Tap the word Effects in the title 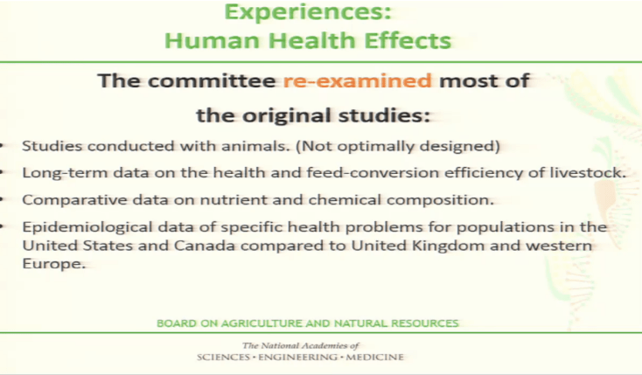pos(407,40)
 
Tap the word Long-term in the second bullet pos(56,172)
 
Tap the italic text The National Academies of pos(301,346)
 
